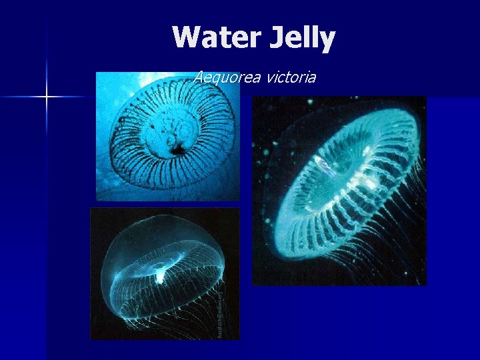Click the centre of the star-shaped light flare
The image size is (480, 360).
47,97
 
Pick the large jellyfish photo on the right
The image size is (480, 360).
339,191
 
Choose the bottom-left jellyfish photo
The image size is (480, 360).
164,273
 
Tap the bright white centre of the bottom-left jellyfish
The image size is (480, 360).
160,269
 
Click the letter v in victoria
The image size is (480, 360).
269,78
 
